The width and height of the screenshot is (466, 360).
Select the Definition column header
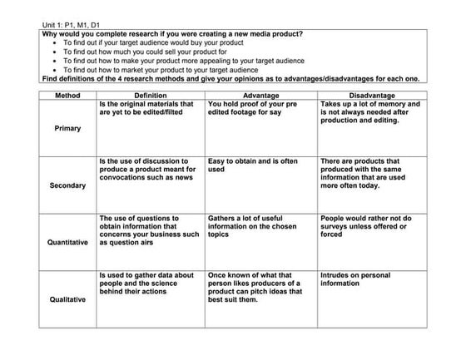click(x=150, y=96)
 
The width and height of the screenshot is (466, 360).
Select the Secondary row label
click(x=67, y=185)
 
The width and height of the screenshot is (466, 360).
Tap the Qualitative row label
click(x=67, y=299)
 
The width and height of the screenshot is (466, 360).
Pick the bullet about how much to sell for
click(x=145, y=52)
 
